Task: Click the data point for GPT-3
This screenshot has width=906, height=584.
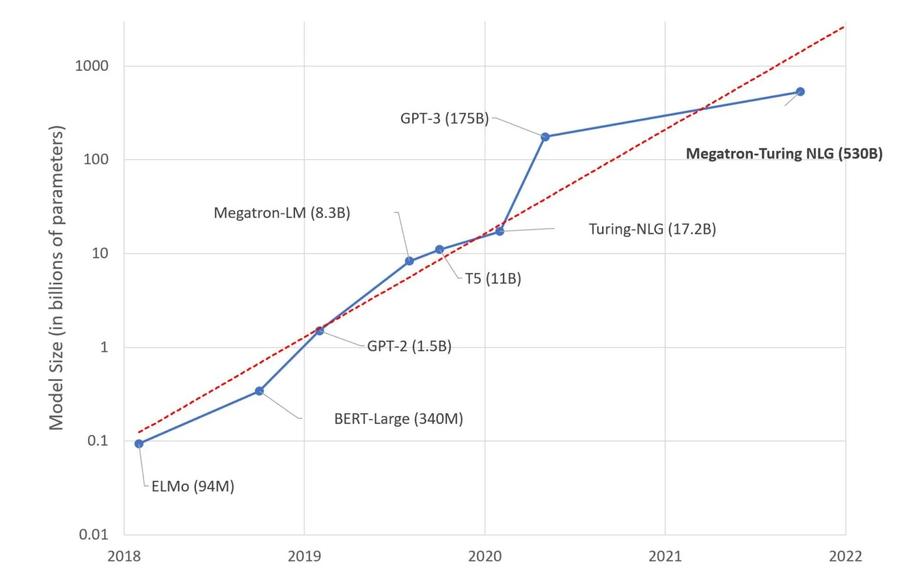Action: (545, 137)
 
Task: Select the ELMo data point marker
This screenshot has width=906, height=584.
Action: (139, 444)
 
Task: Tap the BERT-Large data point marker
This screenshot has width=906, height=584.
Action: (259, 391)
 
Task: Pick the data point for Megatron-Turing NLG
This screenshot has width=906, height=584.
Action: (800, 91)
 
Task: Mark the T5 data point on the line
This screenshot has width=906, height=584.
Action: (439, 250)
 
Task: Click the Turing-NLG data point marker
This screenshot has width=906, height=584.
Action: (500, 231)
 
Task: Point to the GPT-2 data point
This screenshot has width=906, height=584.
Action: (320, 331)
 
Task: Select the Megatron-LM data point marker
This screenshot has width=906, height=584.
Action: (409, 261)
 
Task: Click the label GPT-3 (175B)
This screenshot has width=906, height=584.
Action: (444, 118)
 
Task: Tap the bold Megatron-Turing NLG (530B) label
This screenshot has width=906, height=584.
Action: (784, 154)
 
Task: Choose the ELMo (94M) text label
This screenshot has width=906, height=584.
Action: (193, 487)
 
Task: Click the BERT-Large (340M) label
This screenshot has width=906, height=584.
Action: (398, 419)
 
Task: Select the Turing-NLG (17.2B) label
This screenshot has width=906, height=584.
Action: (652, 229)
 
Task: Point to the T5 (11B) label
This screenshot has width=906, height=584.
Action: (493, 279)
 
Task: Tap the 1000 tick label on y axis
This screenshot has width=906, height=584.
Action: (92, 66)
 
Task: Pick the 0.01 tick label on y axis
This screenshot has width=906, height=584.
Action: (94, 534)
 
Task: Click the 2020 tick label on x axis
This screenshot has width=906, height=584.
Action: (485, 556)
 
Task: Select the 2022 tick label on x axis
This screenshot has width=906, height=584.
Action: (845, 556)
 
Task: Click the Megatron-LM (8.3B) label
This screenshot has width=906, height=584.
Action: (282, 213)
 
